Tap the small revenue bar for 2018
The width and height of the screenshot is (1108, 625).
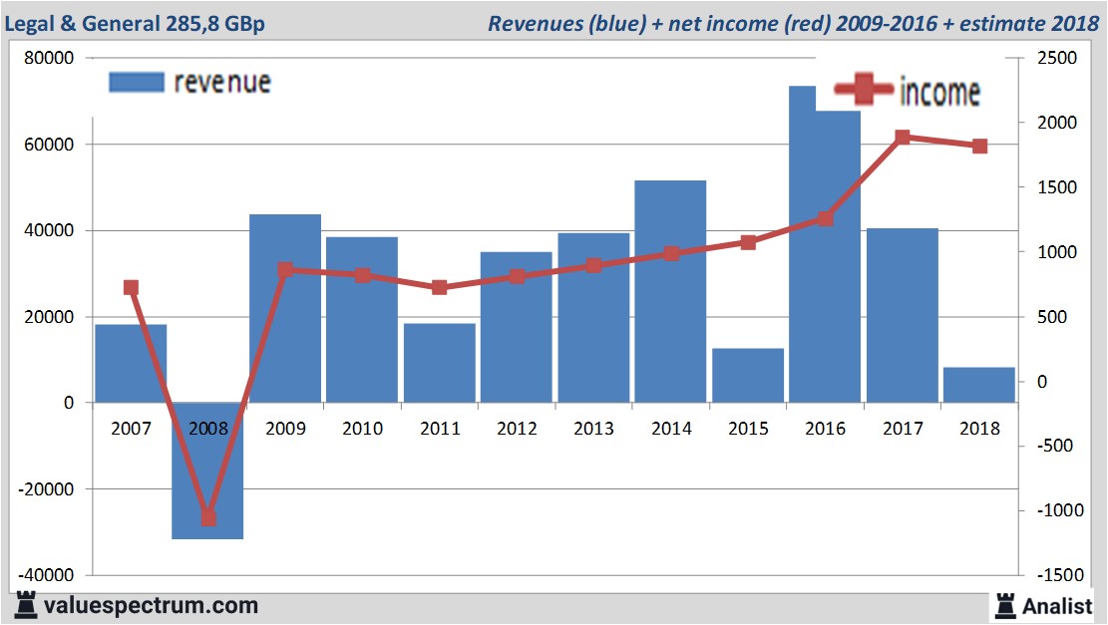[978, 385]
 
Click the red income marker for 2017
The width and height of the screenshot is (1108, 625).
[902, 138]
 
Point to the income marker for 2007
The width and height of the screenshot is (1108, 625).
[131, 288]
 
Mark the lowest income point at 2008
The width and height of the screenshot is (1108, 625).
[207, 517]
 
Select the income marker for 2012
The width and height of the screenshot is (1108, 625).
[517, 276]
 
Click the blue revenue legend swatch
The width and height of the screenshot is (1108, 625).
[136, 82]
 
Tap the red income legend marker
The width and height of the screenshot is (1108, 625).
[864, 92]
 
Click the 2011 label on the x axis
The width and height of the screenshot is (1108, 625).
[440, 429]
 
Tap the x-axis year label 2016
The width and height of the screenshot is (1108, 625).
[825, 429]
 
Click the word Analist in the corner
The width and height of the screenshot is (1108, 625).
[1058, 605]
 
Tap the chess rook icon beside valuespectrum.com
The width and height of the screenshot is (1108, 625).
[24, 605]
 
